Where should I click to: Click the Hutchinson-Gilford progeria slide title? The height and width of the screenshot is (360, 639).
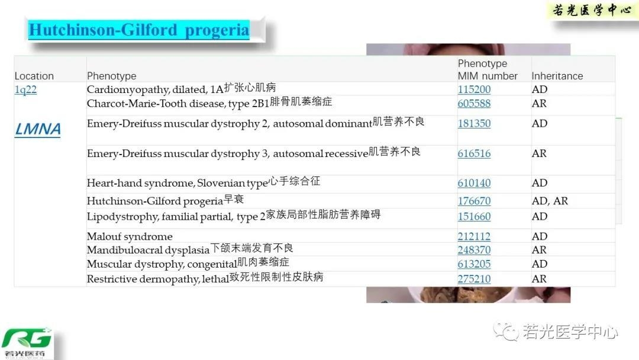[139, 30]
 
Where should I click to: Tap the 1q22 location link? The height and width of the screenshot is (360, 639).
[25, 89]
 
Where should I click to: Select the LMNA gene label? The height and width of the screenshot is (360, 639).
[37, 129]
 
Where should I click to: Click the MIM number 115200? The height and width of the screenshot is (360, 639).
[474, 89]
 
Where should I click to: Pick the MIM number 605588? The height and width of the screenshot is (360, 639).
[474, 103]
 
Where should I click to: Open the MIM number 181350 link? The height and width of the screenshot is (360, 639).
[474, 123]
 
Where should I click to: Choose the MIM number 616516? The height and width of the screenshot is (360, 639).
[474, 153]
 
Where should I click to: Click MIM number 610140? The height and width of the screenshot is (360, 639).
[474, 182]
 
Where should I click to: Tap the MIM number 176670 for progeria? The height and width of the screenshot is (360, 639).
[474, 201]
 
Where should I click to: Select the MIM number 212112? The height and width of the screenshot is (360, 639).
[474, 236]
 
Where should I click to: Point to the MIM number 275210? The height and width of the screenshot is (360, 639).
[474, 279]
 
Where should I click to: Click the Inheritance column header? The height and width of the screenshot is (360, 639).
[557, 76]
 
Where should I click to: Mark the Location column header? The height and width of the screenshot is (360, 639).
[34, 76]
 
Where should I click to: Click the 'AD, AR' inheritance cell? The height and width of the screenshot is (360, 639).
[549, 201]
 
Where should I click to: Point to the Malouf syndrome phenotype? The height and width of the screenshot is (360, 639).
[130, 236]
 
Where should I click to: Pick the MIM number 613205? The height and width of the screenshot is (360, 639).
[474, 263]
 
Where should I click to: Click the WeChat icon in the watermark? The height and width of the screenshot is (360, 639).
[506, 331]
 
